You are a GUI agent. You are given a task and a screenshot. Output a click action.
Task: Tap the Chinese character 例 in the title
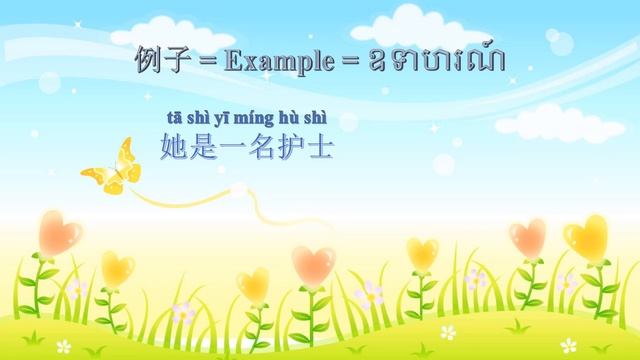149,60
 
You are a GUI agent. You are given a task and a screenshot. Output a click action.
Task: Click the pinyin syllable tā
171,120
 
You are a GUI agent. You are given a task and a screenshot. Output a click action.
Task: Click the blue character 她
173,148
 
